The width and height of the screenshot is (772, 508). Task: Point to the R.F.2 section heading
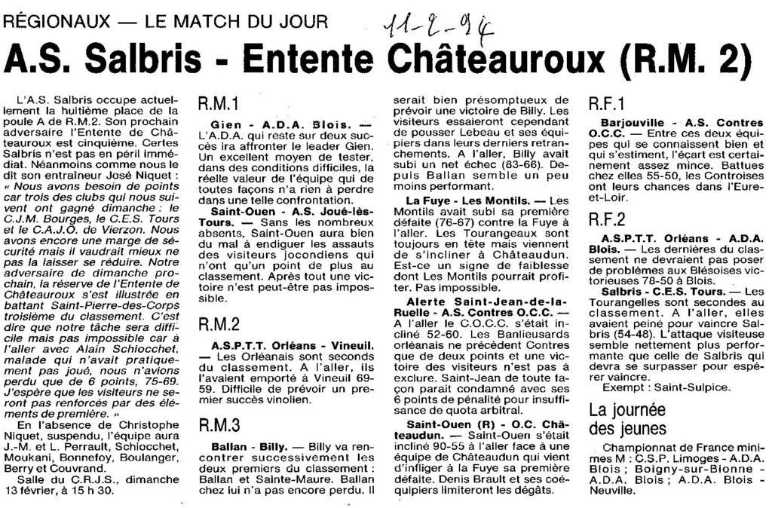pyautogui.click(x=607, y=220)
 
